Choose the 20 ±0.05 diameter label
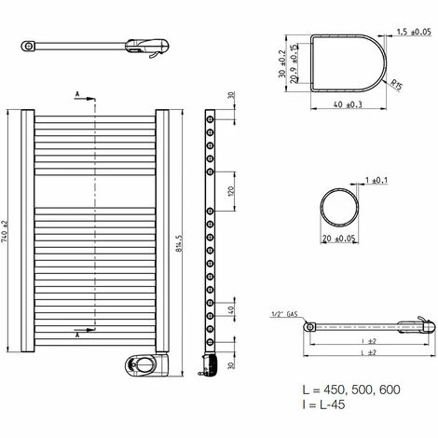(338, 238)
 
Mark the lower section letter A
(78, 328)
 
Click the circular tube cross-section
(338, 205)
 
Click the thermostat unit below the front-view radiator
(142, 364)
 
